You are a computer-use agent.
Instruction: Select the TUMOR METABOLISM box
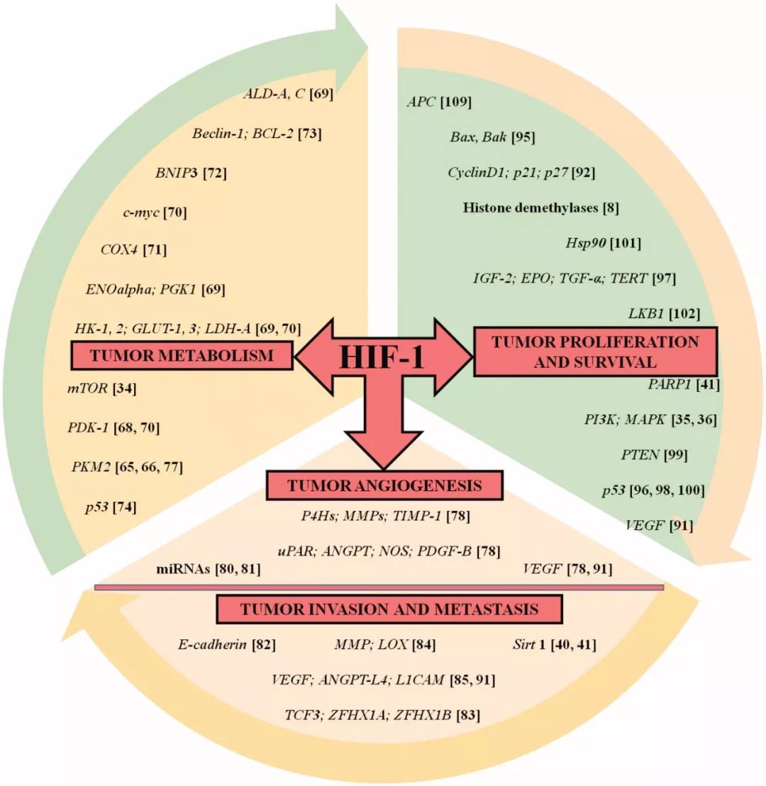(x=182, y=355)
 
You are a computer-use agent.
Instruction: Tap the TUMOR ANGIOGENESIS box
(x=384, y=485)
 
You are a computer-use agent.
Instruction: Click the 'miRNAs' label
(x=184, y=568)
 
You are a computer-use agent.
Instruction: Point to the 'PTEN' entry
(x=636, y=454)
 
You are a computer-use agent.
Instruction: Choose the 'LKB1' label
(x=643, y=312)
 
